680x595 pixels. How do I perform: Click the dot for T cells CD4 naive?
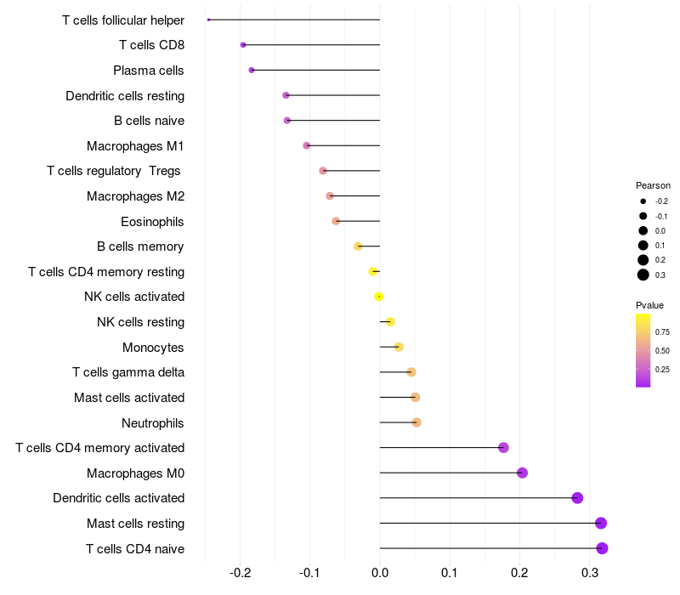pos(602,548)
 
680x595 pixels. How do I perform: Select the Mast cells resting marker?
pos(601,523)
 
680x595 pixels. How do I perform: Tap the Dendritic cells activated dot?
pos(577,498)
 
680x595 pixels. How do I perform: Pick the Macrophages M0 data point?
pos(522,473)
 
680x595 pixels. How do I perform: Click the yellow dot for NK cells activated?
pos(379,297)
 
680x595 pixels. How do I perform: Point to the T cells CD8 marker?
pos(243,44)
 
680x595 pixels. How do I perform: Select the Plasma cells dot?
pos(251,70)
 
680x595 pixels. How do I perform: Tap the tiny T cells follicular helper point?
pos(208,20)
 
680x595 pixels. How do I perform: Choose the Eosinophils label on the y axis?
pos(152,222)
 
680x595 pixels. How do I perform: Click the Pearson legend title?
pos(653,185)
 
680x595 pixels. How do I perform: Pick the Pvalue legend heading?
pos(649,305)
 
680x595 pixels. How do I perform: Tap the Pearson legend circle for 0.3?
pos(643,275)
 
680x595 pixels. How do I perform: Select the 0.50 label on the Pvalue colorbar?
pos(662,350)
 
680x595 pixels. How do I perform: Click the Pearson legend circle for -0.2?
pos(643,201)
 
